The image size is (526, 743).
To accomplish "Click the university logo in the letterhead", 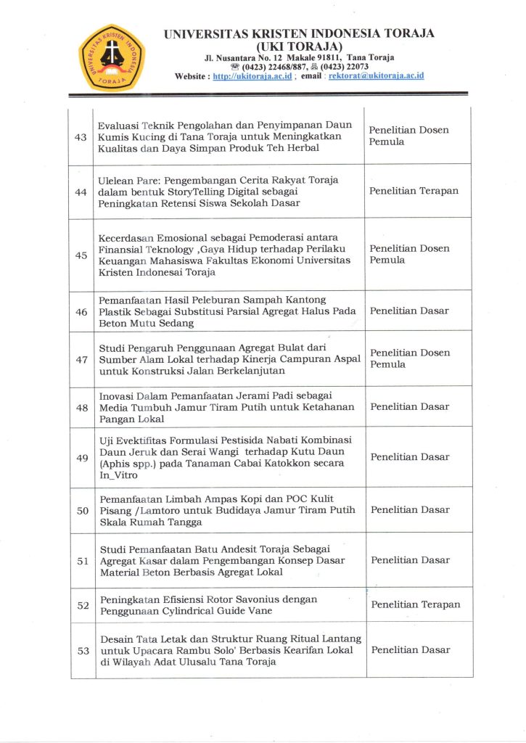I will (x=112, y=57).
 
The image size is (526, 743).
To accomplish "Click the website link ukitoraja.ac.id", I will (x=252, y=76).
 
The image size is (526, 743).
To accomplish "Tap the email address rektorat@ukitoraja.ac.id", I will (x=376, y=76).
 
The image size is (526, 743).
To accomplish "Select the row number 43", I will (x=81, y=137).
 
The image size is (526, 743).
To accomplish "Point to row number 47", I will (x=81, y=359).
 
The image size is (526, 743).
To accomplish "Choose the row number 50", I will (x=82, y=510).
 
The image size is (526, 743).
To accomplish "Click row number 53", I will (x=82, y=650).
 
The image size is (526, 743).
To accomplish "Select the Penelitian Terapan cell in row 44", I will (x=414, y=192).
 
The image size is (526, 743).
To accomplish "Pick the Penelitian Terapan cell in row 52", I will (x=415, y=604).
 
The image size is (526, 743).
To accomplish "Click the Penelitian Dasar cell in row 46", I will (x=409, y=311).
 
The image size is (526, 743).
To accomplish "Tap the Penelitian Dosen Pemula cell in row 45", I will (x=409, y=254).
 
